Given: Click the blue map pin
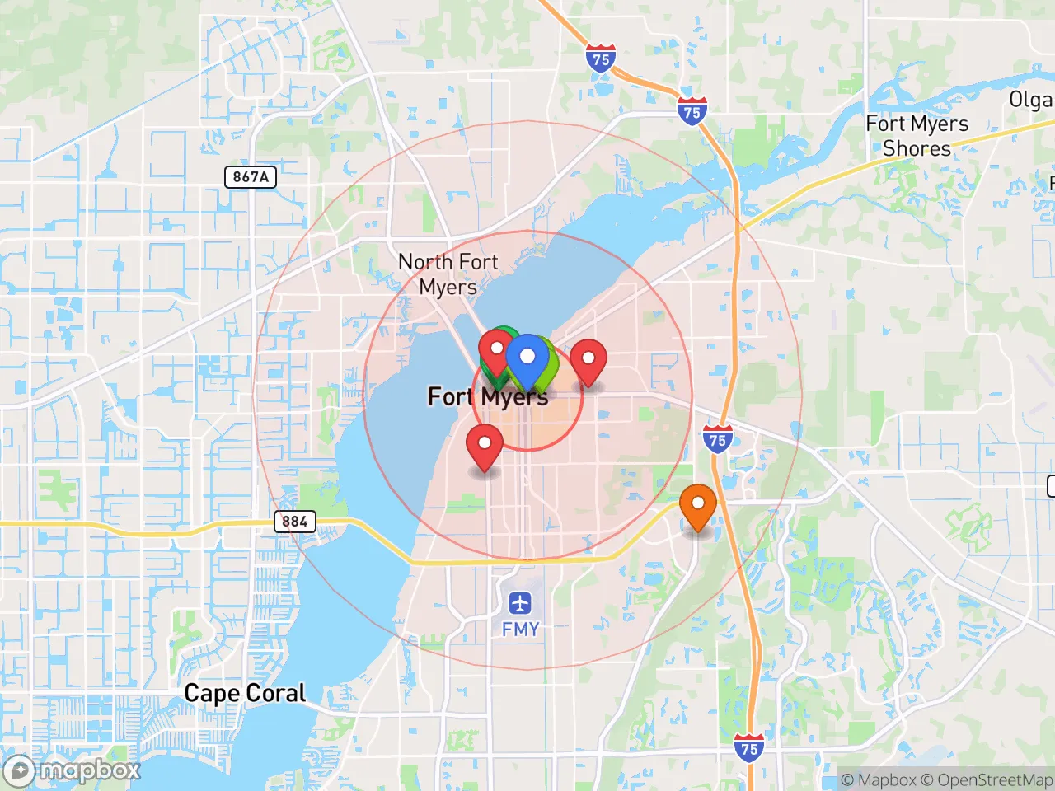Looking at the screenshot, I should [x=527, y=359].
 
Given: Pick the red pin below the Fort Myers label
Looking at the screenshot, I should [x=485, y=445].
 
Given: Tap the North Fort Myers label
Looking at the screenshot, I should [x=448, y=274].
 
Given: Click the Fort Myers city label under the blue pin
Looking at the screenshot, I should [x=487, y=397].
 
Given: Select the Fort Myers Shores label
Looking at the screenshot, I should [x=917, y=136].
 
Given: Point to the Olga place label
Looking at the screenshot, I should [x=1030, y=100].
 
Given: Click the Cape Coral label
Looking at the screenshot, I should [x=245, y=693].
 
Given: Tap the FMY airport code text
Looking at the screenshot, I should [x=520, y=630].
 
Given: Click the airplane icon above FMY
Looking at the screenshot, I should [x=520, y=603].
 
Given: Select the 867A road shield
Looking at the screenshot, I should [x=251, y=176].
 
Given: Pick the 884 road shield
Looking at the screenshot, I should [x=294, y=522].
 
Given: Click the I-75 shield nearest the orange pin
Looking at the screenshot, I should [x=718, y=440].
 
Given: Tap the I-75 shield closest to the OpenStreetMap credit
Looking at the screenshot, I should [x=748, y=749].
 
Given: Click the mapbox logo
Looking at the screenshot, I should [x=72, y=770].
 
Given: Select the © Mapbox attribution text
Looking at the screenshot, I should [x=878, y=779].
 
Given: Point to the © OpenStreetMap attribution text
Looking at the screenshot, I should [x=986, y=779].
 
